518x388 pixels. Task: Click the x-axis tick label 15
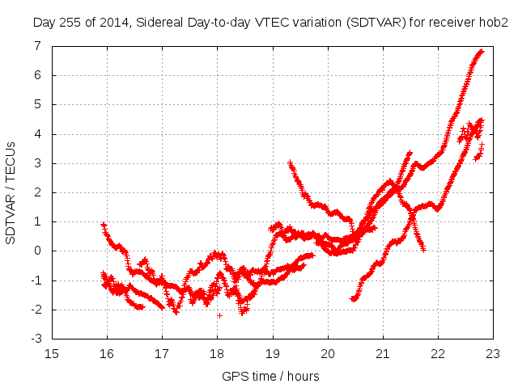52,353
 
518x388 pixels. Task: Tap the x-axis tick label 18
217,353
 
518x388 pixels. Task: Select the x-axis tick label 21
383,353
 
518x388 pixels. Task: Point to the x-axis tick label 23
493,353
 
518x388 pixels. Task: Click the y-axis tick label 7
37,46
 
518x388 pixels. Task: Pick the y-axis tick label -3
35,339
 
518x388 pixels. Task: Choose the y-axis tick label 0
37,251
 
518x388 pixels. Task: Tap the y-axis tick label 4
37,134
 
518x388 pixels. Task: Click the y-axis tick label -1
35,280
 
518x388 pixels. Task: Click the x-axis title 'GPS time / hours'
272,376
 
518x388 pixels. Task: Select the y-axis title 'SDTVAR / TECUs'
11,192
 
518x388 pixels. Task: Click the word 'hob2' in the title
493,22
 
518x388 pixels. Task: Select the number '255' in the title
71,22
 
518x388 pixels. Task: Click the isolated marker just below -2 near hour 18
219,315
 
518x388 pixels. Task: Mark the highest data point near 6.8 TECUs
482,52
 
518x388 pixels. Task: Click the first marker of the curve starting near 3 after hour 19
290,162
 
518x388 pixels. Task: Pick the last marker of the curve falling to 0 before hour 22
423,251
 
